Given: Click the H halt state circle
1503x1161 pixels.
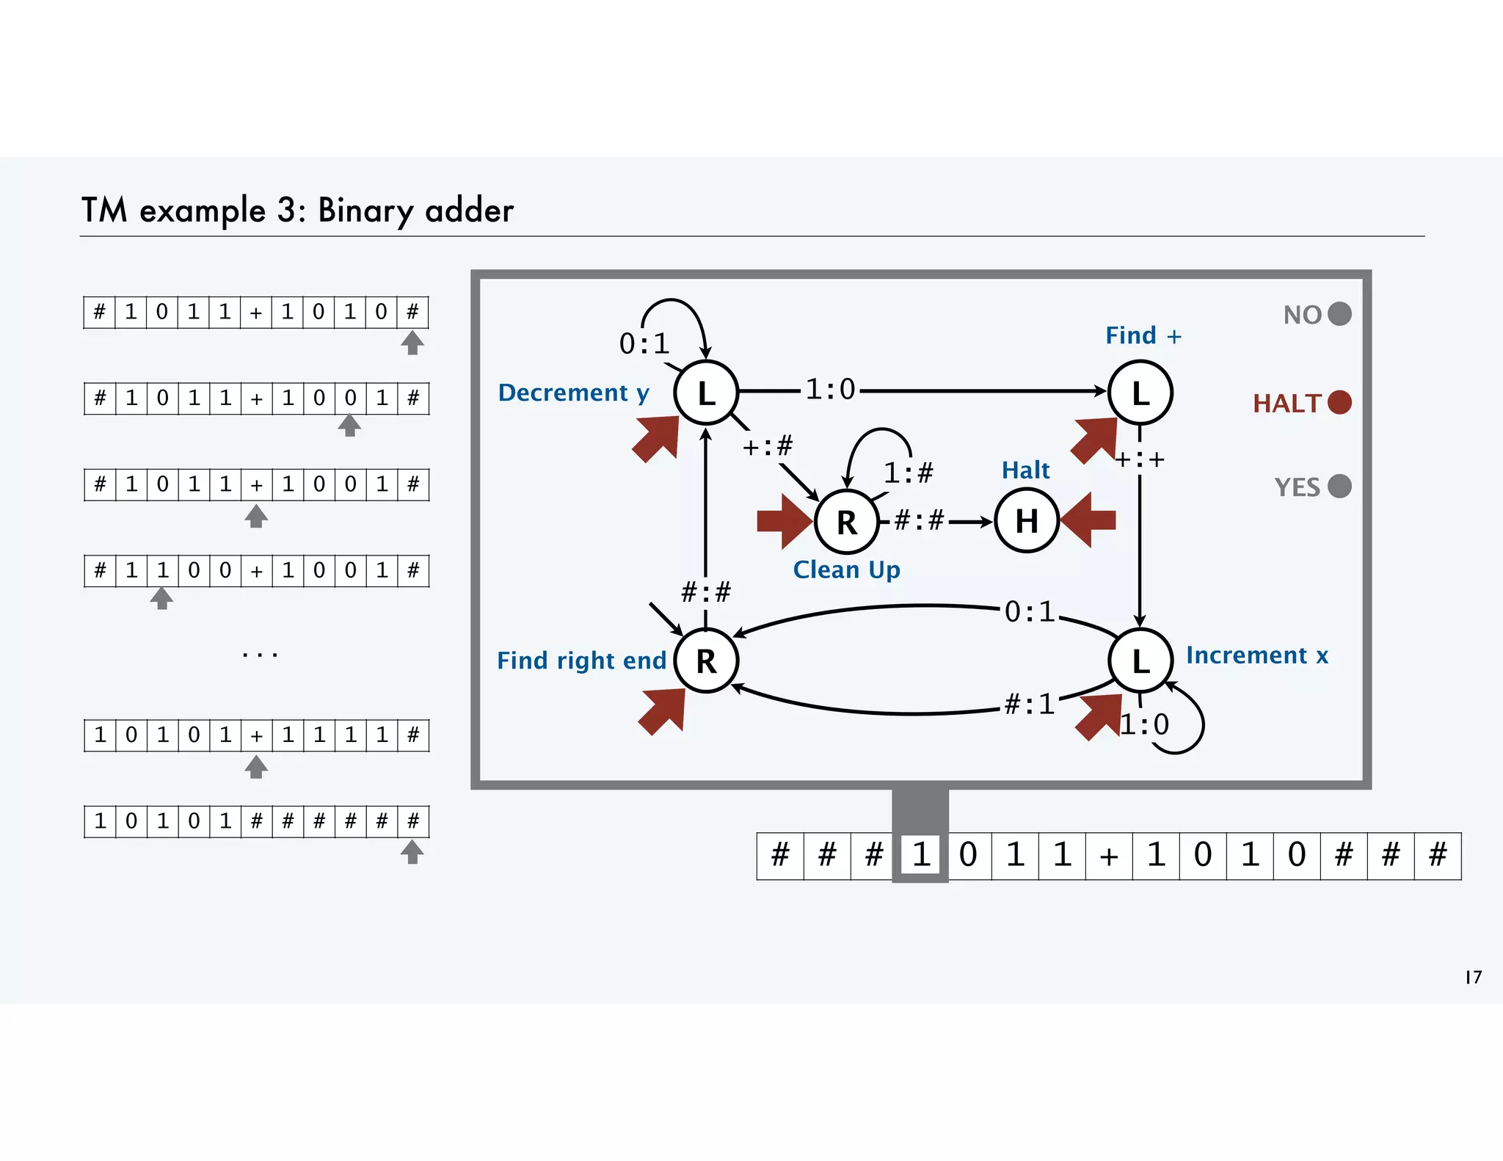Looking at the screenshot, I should click(x=1026, y=521).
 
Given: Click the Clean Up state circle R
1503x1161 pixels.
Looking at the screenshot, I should click(x=846, y=522).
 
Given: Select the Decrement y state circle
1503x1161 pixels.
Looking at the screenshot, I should click(x=706, y=393).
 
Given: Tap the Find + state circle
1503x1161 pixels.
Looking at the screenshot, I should click(x=1140, y=393).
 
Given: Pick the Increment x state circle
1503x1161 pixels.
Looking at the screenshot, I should click(x=1140, y=660).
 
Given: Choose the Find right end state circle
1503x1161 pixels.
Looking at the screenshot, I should click(x=706, y=660).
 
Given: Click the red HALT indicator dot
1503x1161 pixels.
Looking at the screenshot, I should click(x=1339, y=402).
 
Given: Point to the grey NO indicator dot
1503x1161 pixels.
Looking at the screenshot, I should click(x=1339, y=314).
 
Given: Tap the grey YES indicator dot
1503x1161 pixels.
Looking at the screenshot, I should click(x=1339, y=486).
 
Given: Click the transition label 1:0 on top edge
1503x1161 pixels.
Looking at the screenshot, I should click(x=830, y=390).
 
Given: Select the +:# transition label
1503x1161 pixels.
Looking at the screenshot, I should click(x=768, y=445).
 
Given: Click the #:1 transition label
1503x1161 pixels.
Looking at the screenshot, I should click(x=1029, y=705).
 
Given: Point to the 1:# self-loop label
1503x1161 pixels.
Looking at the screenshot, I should click(x=908, y=473).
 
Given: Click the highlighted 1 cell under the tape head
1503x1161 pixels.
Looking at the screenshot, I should click(x=920, y=855).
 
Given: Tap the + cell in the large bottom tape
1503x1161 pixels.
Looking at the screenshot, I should click(x=1109, y=856).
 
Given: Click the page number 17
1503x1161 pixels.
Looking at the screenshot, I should click(x=1473, y=977).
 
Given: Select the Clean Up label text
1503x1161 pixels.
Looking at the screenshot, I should click(x=846, y=570).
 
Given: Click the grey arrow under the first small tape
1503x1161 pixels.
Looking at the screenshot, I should click(x=412, y=343).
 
